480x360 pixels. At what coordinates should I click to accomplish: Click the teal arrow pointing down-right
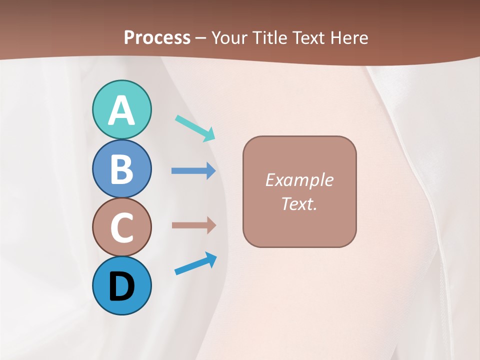pos(195,128)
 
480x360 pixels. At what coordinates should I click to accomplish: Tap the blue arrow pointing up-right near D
pos(195,263)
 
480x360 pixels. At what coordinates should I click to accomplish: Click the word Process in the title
pos(157,37)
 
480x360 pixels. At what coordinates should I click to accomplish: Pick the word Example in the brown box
pos(299,180)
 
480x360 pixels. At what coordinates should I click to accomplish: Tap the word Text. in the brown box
pos(299,203)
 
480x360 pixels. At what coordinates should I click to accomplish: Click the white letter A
pos(122,110)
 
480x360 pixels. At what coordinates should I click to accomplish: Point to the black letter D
pos(122,286)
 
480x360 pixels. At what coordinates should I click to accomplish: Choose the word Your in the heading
pos(230,37)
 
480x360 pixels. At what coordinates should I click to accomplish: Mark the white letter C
pos(122,227)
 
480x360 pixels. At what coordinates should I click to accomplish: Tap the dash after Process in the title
pos(200,38)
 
